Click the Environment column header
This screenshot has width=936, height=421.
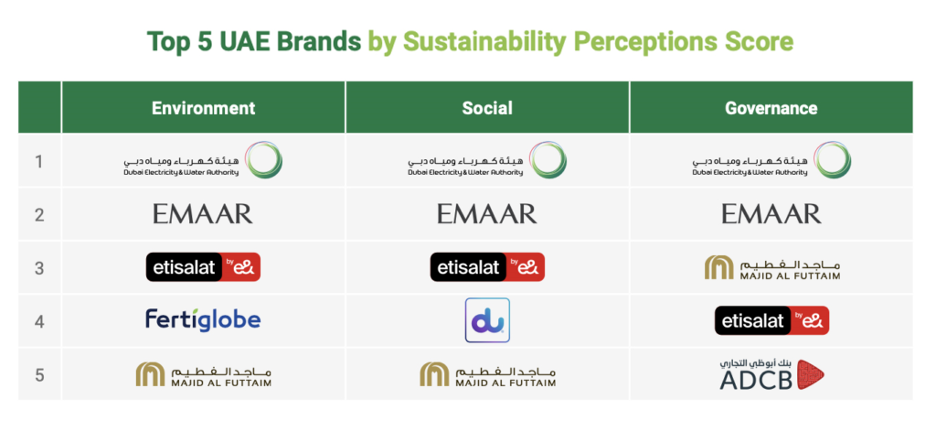coord(203,108)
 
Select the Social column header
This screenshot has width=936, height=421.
coord(487,108)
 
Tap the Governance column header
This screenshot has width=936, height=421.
coord(771,108)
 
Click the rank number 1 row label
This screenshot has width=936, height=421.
coord(39,161)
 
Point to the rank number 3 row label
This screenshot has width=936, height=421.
coord(39,267)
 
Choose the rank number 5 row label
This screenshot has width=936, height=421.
coord(39,373)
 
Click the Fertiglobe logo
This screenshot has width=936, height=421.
coord(203,319)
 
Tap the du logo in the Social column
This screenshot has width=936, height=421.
coord(487,320)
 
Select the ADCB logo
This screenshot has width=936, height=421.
coord(771,373)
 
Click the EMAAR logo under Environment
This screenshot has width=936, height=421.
coord(203,214)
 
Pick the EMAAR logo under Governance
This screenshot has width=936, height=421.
coord(771,214)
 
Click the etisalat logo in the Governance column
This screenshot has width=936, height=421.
coord(771,320)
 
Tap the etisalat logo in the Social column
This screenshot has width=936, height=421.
coord(487,267)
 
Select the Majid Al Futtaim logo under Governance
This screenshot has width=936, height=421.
coord(771,267)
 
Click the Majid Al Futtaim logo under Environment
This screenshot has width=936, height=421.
coord(203,373)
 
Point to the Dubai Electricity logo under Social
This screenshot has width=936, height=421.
coord(487,161)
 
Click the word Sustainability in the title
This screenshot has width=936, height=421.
coord(486,41)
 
